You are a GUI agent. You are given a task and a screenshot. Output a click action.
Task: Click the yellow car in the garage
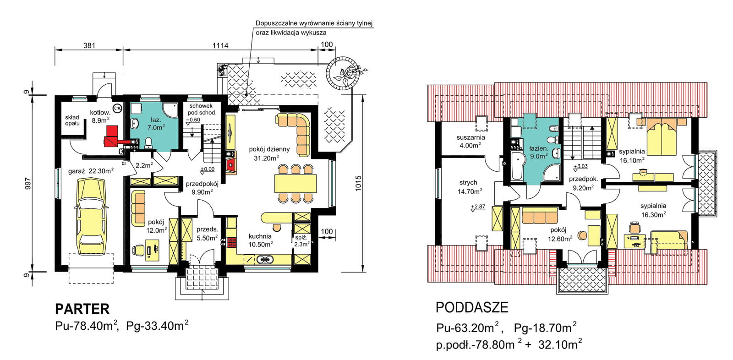[x=91, y=217]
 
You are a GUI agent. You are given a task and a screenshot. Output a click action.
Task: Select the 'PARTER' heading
[x=82, y=309]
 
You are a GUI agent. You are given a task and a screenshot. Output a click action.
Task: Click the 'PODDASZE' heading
[x=472, y=308]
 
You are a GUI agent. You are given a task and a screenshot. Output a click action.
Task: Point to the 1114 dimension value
[x=220, y=45]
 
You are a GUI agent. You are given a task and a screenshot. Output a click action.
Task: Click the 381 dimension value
[x=89, y=45]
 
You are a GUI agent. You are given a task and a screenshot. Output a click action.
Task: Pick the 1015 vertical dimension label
[x=358, y=184]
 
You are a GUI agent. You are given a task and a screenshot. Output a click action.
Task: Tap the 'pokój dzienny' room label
[x=269, y=149]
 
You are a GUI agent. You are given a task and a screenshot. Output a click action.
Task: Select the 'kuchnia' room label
[x=260, y=236]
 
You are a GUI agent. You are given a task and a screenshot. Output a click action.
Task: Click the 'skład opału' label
[x=72, y=120]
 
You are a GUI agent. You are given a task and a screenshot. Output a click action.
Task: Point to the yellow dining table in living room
[x=296, y=184]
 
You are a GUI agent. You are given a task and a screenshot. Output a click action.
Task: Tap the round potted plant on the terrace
[x=343, y=73]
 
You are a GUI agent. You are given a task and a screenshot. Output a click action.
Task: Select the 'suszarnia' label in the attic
[x=470, y=137]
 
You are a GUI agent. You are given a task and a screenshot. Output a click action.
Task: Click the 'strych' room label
[x=468, y=183]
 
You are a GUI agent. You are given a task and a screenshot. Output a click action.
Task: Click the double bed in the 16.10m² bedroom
[x=662, y=137]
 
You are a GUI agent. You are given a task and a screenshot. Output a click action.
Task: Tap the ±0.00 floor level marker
[x=208, y=170]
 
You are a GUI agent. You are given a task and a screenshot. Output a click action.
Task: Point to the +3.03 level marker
[x=580, y=167]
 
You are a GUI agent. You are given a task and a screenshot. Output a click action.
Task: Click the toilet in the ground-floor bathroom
[x=148, y=143]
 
